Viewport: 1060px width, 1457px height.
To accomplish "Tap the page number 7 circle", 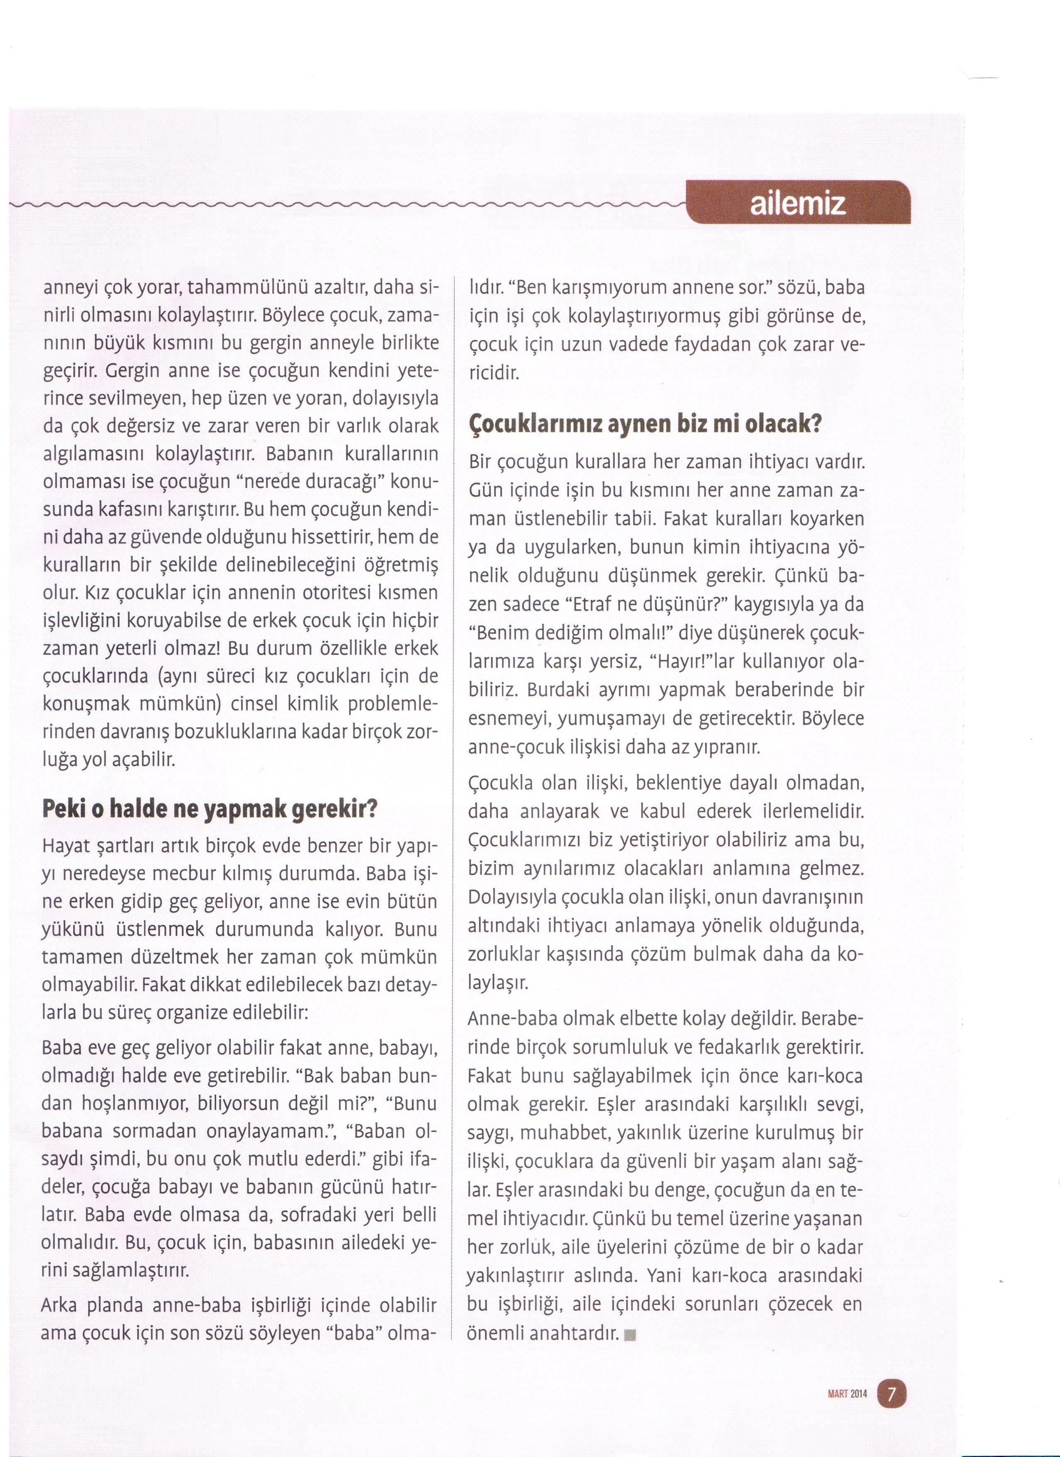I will coord(890,1390).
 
